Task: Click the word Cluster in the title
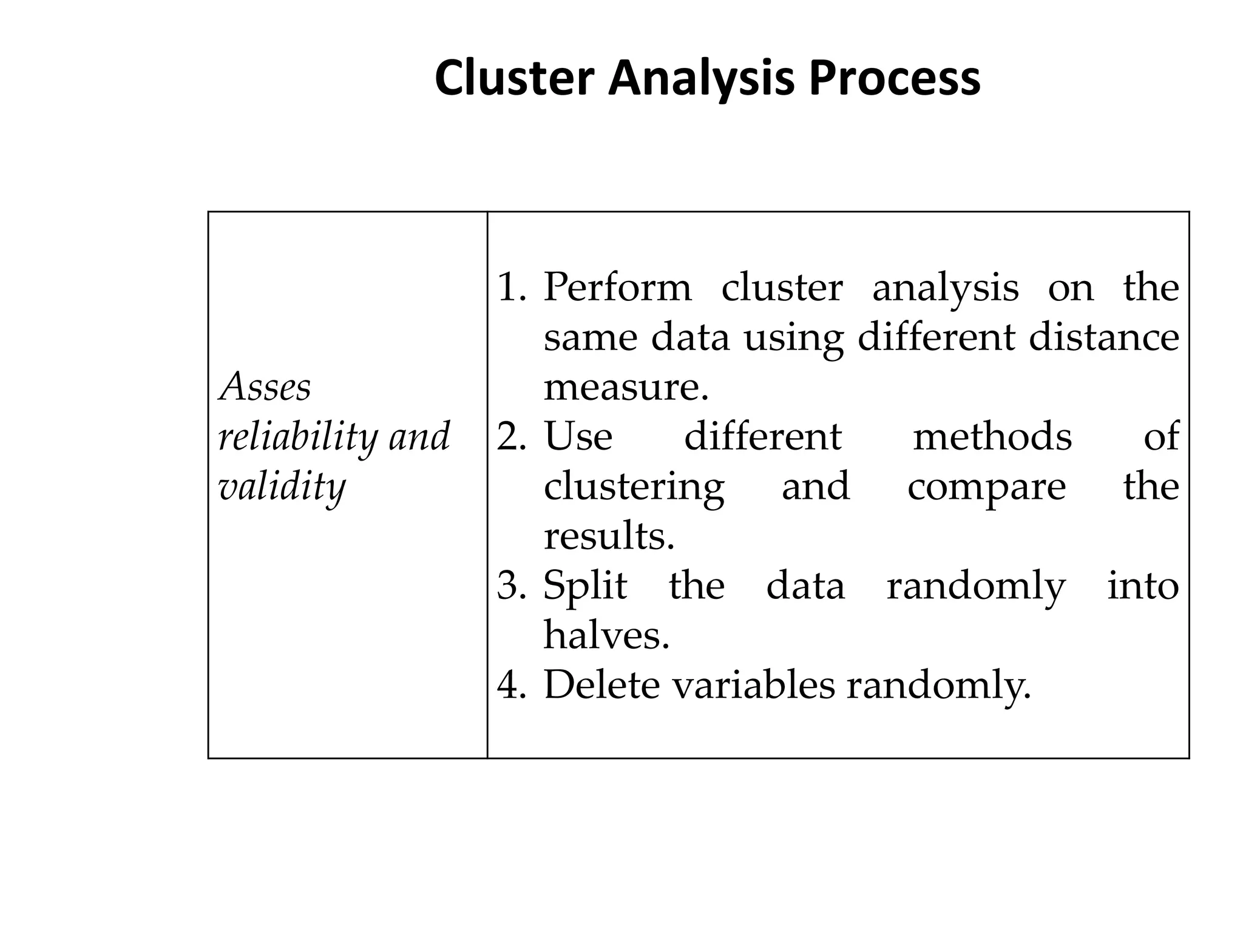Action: (x=514, y=79)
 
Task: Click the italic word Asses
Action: (x=265, y=387)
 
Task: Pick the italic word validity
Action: (x=282, y=487)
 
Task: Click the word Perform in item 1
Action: (x=617, y=288)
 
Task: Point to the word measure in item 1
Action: (x=625, y=387)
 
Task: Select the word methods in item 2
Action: (x=992, y=437)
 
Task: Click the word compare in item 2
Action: (x=986, y=487)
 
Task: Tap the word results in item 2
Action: (x=608, y=536)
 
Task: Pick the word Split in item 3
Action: (x=585, y=586)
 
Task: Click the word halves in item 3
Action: (x=605, y=635)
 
